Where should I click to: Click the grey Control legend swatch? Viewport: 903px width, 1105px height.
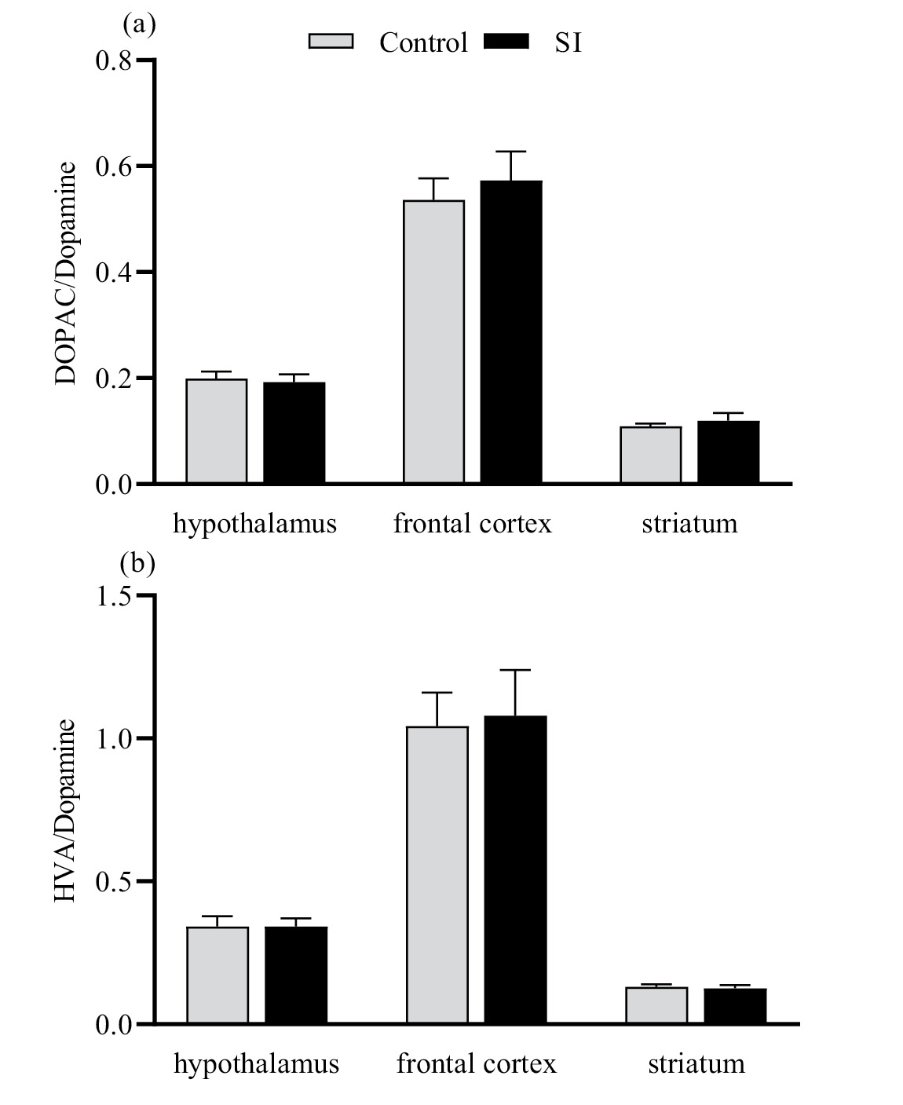pyautogui.click(x=332, y=42)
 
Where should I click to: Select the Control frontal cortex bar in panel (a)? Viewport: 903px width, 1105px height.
pyautogui.click(x=433, y=341)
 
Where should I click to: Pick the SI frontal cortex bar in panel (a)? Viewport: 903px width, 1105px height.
pyautogui.click(x=511, y=331)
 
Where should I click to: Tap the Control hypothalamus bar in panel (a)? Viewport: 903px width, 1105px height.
pyautogui.click(x=217, y=430)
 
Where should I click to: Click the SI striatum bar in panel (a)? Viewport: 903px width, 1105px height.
pyautogui.click(x=728, y=452)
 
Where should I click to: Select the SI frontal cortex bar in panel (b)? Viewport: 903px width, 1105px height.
pyautogui.click(x=515, y=869)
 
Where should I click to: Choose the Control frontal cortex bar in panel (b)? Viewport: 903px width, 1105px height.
pyautogui.click(x=437, y=875)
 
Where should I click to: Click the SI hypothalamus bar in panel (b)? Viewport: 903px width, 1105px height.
pyautogui.click(x=296, y=975)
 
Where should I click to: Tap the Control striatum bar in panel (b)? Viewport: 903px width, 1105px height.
pyautogui.click(x=656, y=1005)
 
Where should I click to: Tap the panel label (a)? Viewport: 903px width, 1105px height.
pyautogui.click(x=139, y=24)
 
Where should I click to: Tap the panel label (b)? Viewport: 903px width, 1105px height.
pyautogui.click(x=137, y=563)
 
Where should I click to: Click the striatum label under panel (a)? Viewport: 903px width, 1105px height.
pyautogui.click(x=689, y=524)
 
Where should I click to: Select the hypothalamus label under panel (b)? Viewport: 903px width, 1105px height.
pyautogui.click(x=256, y=1064)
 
